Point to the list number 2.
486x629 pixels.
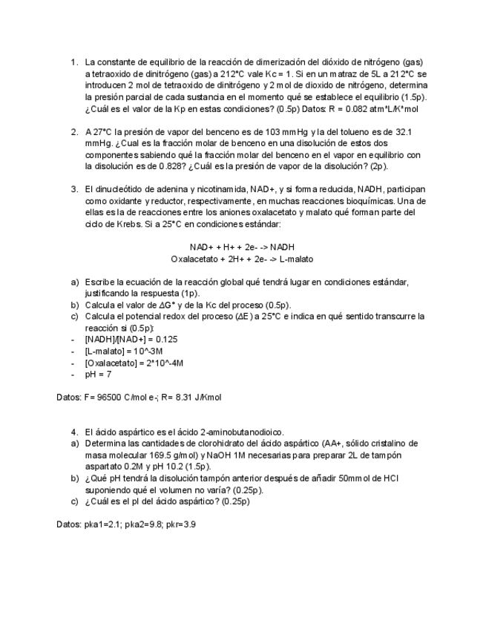[73, 132]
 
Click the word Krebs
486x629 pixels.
[127, 224]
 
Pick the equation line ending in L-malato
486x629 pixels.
[242, 259]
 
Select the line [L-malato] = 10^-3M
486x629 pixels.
[124, 351]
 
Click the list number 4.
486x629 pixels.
[73, 432]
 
